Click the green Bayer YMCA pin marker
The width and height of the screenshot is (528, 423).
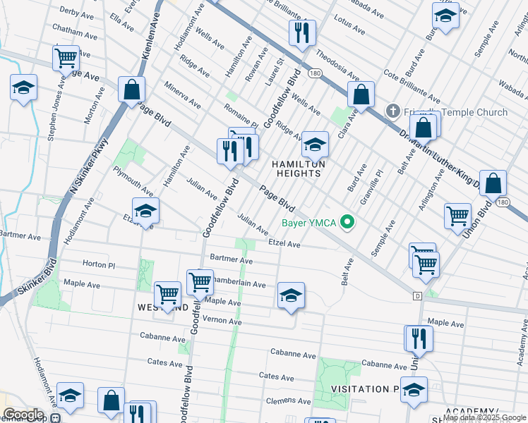pyautogui.click(x=347, y=223)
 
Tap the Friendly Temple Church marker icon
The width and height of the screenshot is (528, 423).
pyautogui.click(x=393, y=112)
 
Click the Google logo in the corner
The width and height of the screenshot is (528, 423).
pyautogui.click(x=23, y=415)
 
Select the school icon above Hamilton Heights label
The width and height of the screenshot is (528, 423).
pyautogui.click(x=315, y=145)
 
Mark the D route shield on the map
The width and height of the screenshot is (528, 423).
pyautogui.click(x=417, y=295)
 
